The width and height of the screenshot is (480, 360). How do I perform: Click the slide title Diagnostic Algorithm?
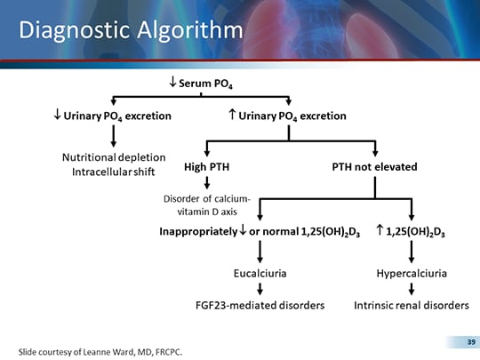pyautogui.click(x=130, y=30)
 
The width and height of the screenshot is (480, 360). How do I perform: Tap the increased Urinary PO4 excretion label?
pyautogui.click(x=287, y=116)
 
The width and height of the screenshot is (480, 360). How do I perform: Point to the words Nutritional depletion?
pyautogui.click(x=114, y=156)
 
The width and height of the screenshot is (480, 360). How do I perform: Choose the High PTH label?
pyautogui.click(x=206, y=166)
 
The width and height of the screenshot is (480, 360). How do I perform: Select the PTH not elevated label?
pyautogui.click(x=375, y=166)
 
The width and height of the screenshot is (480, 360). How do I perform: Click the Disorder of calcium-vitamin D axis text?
pyautogui.click(x=206, y=205)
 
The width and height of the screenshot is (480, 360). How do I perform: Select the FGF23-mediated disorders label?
pyautogui.click(x=259, y=305)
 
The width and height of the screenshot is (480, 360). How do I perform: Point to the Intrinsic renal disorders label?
pyautogui.click(x=411, y=305)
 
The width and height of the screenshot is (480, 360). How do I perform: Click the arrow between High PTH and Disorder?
pyautogui.click(x=206, y=183)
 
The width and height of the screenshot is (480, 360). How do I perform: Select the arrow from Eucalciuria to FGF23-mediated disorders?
pyautogui.click(x=259, y=289)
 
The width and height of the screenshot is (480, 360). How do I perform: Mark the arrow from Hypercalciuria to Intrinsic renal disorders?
pyautogui.click(x=411, y=289)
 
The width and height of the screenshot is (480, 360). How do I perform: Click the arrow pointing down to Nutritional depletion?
pyautogui.click(x=113, y=135)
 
